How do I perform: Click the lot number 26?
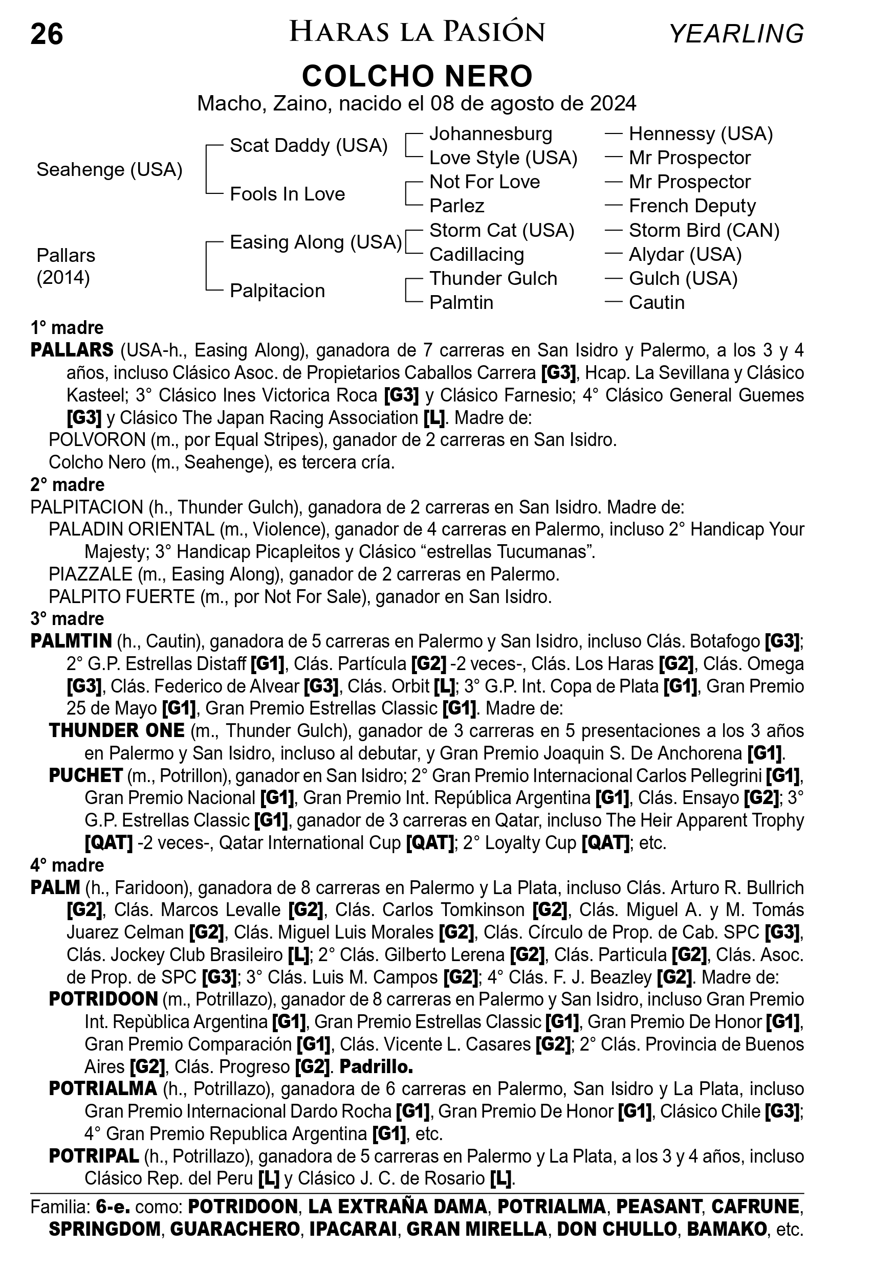coord(47,34)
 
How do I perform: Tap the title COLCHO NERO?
coord(418,76)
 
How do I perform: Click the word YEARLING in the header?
coord(736,34)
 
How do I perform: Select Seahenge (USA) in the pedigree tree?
coord(110,170)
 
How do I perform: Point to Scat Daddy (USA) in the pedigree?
coord(309,145)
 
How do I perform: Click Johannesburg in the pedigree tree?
coord(491,133)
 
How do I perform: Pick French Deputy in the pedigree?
coord(692,206)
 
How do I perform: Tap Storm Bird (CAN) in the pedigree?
coord(704,231)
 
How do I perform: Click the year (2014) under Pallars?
coord(63,277)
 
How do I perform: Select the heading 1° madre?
coord(67,328)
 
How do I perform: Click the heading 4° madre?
coord(67,865)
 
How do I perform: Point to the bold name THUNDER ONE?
coord(117,731)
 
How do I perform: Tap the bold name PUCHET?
coord(85,775)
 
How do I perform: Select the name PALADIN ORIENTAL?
coord(132,529)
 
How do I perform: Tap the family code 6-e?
coord(113,1207)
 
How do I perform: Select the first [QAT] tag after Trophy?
coord(108,843)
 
